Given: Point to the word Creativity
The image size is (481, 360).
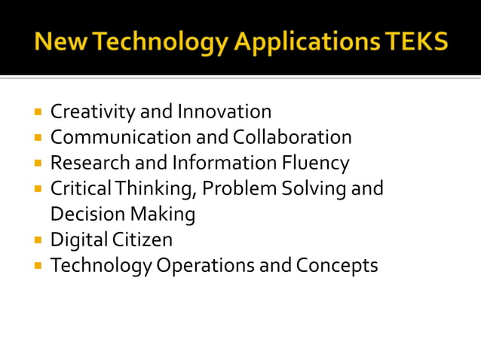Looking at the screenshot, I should (x=93, y=112).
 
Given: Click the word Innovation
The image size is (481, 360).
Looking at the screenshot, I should (x=224, y=112).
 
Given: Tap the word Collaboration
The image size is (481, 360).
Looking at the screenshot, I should (x=292, y=138).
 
